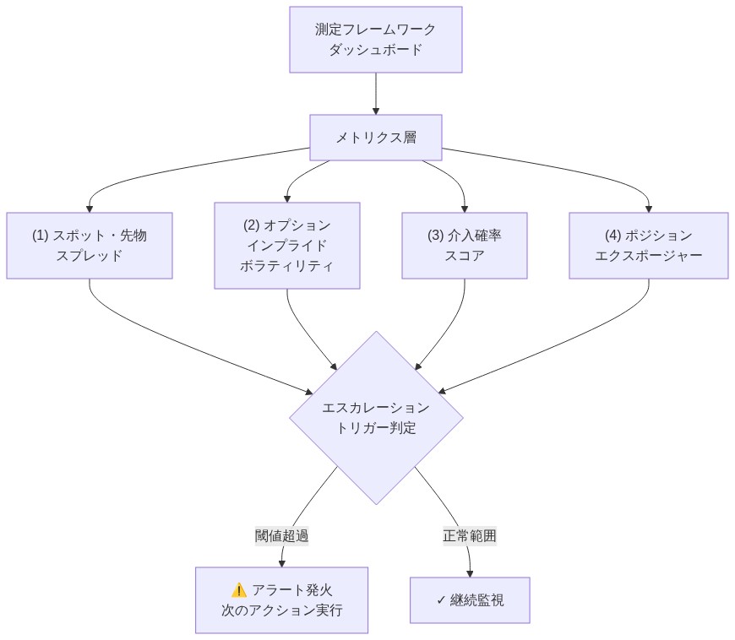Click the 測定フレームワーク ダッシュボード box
point(376,40)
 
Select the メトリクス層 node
point(376,137)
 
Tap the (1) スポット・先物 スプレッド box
point(90,245)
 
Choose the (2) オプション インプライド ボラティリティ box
point(287,245)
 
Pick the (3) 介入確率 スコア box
point(465,245)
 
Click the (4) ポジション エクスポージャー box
point(649,245)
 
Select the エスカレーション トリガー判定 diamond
point(376,417)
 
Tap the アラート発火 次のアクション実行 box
point(281,599)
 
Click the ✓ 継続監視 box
point(470,600)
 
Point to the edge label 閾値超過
point(281,536)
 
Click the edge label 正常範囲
point(470,536)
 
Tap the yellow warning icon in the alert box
point(238,590)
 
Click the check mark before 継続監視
point(441,600)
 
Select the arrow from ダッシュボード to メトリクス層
point(376,93)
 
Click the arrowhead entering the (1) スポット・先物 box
point(90,208)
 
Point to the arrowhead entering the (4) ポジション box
point(649,208)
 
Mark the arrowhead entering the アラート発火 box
point(281,562)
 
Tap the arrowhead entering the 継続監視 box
point(470,572)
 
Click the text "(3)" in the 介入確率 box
point(437,236)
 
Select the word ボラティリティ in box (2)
point(287,264)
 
